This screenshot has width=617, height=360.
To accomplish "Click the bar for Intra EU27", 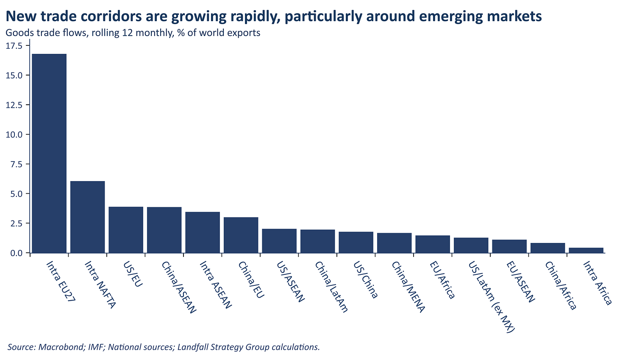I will coord(49,153).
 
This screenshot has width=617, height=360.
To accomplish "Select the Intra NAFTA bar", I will coord(87,217).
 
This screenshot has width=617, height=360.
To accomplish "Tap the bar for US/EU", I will coord(126,229).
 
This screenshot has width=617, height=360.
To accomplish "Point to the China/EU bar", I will coord(241,235).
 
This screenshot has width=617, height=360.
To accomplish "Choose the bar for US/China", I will coord(356,242).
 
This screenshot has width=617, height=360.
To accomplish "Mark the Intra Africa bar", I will coord(586,250).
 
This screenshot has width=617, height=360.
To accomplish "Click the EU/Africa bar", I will coord(433,244).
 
